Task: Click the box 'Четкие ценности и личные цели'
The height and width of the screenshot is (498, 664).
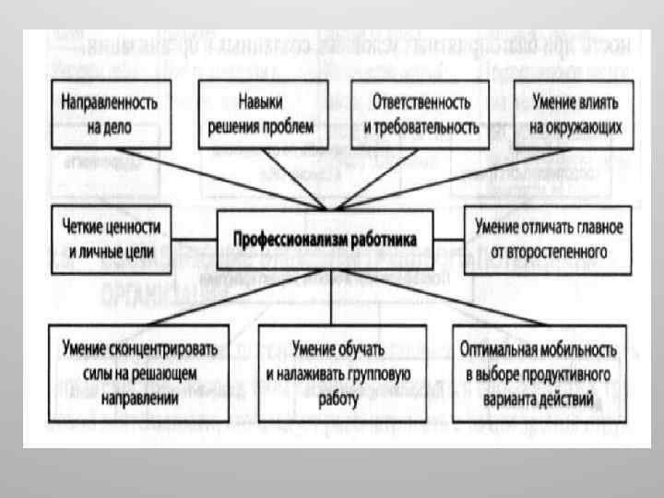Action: (x=112, y=238)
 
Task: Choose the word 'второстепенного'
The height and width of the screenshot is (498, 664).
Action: (x=563, y=249)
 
